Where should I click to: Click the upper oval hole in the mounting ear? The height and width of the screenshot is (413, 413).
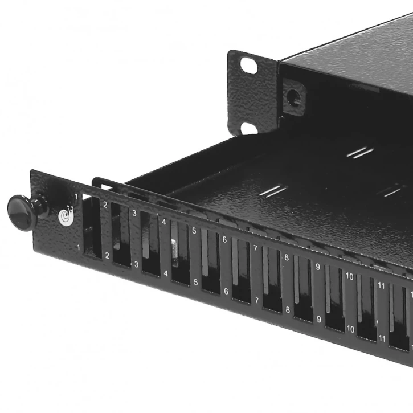[x=248, y=64]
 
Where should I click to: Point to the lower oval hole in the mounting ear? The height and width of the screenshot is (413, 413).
[x=249, y=128]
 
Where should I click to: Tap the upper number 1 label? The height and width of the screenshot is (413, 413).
[x=76, y=197]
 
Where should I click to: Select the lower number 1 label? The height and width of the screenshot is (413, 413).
[x=78, y=247]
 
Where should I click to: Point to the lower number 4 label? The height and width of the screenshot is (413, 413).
[x=166, y=273]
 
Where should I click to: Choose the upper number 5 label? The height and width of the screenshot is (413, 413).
[x=194, y=231]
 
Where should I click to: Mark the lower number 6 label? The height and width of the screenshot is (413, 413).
[x=226, y=291]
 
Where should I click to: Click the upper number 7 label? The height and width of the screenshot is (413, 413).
[x=255, y=248]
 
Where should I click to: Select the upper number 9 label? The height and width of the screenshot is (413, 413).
[x=317, y=267]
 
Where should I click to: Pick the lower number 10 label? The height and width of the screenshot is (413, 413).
[x=350, y=329]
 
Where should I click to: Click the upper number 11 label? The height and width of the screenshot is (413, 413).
[x=382, y=285]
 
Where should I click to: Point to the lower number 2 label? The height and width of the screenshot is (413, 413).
[x=107, y=256]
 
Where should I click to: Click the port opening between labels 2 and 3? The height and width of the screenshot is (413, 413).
[x=121, y=235]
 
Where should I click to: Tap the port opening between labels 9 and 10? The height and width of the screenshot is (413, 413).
[x=334, y=299]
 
